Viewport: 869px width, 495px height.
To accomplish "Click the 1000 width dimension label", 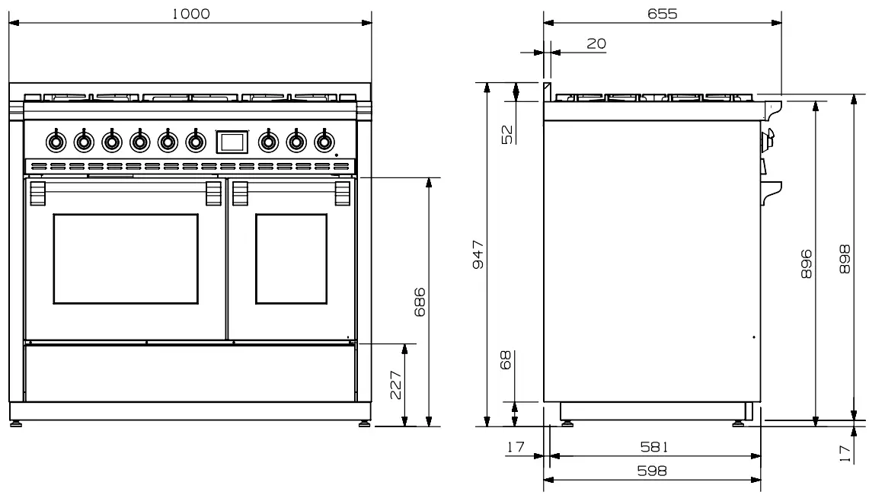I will (x=190, y=13).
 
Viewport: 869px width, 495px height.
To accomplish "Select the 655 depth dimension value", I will (x=663, y=13).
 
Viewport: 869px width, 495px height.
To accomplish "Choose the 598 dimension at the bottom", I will (x=653, y=471).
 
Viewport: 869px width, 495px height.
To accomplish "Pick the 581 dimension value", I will (x=653, y=447).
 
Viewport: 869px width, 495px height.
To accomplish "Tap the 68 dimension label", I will (x=506, y=359).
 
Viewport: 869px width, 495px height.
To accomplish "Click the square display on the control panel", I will (x=232, y=141).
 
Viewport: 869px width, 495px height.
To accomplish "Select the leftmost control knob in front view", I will (x=55, y=141).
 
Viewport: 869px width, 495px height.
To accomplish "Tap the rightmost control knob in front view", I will (x=324, y=141).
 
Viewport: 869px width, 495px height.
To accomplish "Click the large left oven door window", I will (x=126, y=259).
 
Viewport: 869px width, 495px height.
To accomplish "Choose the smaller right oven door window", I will (x=290, y=259).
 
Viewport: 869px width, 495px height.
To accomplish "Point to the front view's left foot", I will (x=15, y=423).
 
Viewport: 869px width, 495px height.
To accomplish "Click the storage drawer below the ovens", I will (x=190, y=374).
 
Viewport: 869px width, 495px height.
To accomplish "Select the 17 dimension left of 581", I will (x=517, y=447).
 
